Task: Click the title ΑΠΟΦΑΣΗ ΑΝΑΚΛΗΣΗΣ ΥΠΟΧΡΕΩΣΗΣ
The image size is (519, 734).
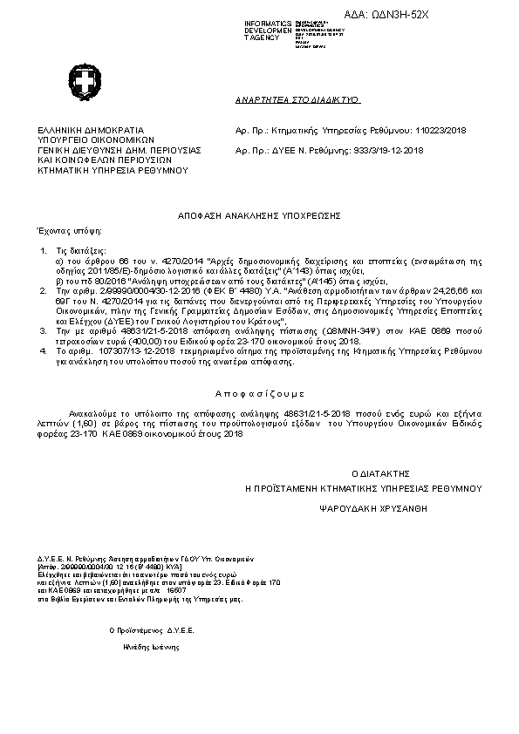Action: [x=258, y=214]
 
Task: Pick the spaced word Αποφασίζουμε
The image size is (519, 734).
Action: [x=259, y=393]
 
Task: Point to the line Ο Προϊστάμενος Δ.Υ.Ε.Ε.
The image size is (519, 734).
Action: [x=151, y=629]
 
